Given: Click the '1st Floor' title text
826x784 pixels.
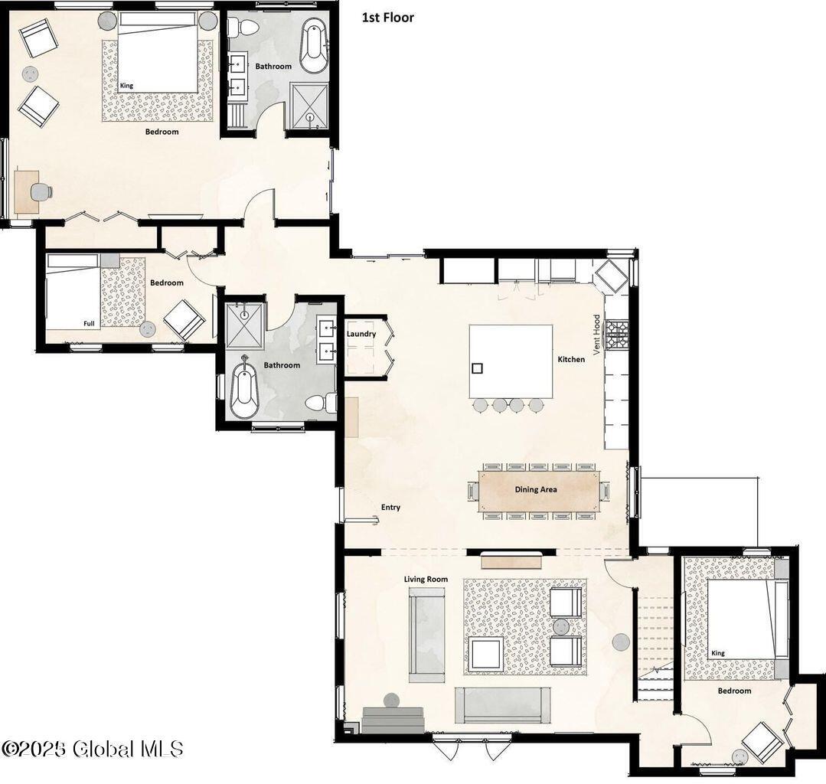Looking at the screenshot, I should point(387,18).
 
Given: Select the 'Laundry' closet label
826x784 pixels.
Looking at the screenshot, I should point(361,334).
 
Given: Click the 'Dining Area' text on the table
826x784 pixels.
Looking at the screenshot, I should point(536,490).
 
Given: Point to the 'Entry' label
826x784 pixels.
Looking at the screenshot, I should point(390,507).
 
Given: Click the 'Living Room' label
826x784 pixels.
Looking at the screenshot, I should point(426,580).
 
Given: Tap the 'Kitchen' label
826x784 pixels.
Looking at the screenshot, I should point(571,359).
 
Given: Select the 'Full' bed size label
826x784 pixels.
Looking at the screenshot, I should point(90,324).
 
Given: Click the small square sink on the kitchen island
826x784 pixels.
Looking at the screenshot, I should point(477,368).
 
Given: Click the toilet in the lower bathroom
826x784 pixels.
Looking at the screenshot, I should point(320,402).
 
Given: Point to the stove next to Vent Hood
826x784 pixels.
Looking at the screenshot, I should point(617,335).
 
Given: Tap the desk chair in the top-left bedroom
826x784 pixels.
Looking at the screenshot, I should point(42,191).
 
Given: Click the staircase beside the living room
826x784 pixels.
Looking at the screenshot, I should point(655,643).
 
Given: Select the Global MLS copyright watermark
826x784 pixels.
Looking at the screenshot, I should point(92,748).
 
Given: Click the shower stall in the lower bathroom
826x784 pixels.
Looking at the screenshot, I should point(245,326).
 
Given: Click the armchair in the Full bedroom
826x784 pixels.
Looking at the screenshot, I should point(182,319).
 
